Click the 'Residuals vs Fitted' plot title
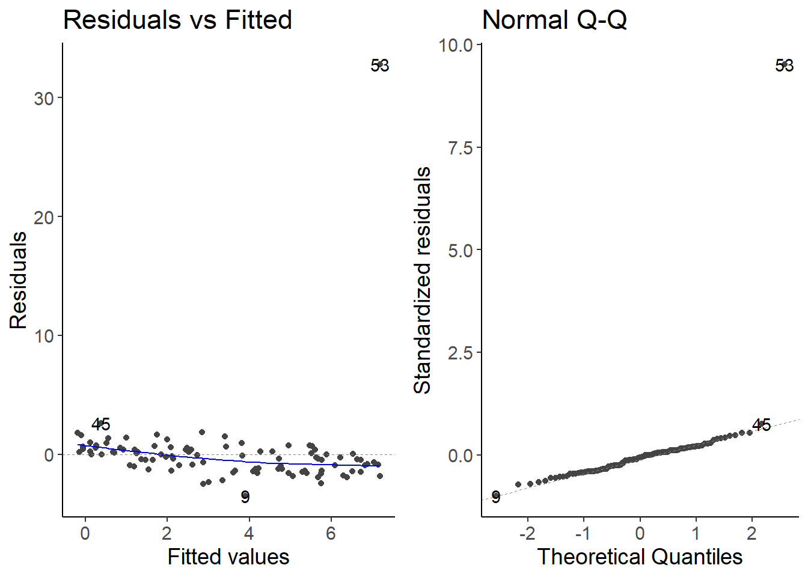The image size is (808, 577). click(x=177, y=20)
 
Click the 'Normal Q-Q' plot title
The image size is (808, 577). click(x=554, y=20)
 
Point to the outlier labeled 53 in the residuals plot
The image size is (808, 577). click(x=380, y=64)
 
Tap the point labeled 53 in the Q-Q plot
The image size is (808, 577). click(x=784, y=64)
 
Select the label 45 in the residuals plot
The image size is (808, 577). click(x=101, y=424)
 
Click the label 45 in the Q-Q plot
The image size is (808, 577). click(x=761, y=425)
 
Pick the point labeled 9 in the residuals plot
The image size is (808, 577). click(x=245, y=496)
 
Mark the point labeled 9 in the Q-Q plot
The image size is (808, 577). click(x=495, y=496)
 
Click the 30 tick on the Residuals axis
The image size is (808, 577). click(x=44, y=99)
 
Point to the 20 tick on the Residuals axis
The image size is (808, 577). click(x=44, y=217)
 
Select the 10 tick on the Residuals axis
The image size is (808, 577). click(x=44, y=336)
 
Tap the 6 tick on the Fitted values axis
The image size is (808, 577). click(x=331, y=533)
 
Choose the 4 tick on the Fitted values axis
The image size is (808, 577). click(x=249, y=533)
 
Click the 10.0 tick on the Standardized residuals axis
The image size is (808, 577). click(x=456, y=45)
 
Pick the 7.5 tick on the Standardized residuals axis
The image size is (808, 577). click(x=461, y=148)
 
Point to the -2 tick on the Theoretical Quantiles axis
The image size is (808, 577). click(x=527, y=533)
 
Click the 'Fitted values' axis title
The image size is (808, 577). click(x=228, y=557)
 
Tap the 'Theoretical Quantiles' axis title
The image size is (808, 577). click(x=640, y=557)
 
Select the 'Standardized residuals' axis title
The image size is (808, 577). click(x=423, y=280)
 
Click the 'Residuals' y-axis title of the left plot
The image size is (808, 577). click(x=19, y=280)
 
